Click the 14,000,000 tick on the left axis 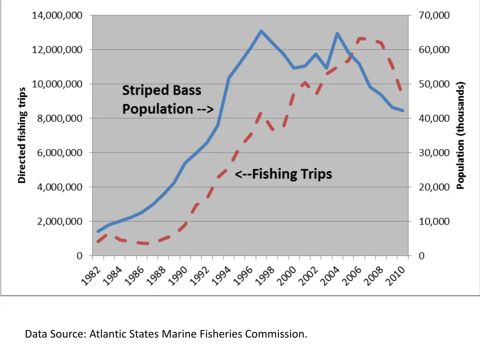57,15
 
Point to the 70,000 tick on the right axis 434,15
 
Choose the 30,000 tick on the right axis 434,153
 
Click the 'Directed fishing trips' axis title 22,135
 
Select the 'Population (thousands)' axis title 460,135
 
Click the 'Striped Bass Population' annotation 168,99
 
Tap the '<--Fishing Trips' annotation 283,174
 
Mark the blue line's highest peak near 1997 261,31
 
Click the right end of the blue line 403,111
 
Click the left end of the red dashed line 98,241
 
